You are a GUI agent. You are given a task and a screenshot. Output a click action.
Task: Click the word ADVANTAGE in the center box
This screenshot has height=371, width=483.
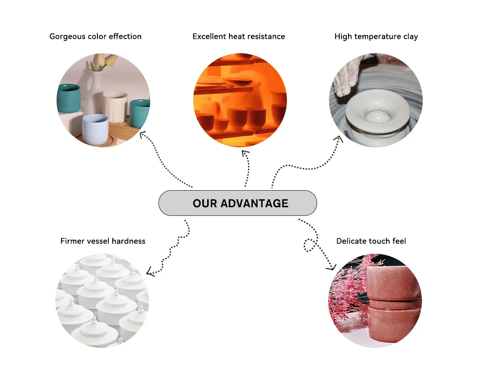pyautogui.click(x=254, y=203)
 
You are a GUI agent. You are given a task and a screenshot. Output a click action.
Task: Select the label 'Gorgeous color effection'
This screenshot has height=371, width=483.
pyautogui.click(x=95, y=36)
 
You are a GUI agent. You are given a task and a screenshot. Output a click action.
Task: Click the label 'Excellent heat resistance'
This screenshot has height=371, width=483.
pyautogui.click(x=239, y=36)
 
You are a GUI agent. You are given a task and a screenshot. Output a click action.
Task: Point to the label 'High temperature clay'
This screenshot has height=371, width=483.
pyautogui.click(x=376, y=36)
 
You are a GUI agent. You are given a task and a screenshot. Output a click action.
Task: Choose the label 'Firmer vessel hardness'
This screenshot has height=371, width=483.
pyautogui.click(x=103, y=241)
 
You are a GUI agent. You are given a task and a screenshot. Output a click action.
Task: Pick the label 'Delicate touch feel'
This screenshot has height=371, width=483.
pyautogui.click(x=371, y=241)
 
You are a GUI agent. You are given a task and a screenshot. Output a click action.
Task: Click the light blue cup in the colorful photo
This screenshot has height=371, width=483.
pyautogui.click(x=95, y=128)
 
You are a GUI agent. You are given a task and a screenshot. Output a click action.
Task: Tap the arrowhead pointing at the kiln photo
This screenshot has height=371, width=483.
pyautogui.click(x=246, y=154)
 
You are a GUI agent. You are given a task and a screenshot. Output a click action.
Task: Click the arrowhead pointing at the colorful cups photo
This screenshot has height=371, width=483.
pyautogui.click(x=143, y=134)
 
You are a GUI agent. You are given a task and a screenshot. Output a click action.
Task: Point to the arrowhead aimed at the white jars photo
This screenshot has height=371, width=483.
pyautogui.click(x=150, y=272)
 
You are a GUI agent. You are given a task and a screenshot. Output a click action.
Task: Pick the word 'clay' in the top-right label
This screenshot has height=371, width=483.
pyautogui.click(x=410, y=36)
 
